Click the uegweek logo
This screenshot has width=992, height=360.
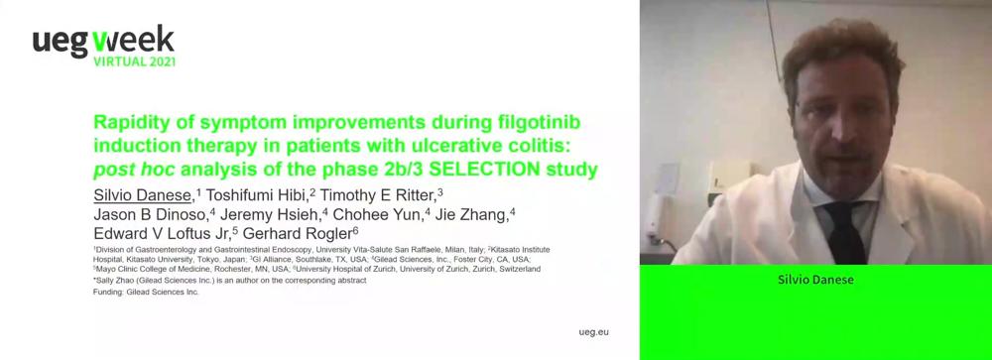coord(104,46)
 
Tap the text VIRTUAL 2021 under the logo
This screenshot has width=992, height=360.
coord(134,62)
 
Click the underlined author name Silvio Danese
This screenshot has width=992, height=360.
coord(142,194)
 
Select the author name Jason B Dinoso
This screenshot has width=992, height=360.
coord(151,213)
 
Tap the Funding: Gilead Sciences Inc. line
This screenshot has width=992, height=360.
coord(146,293)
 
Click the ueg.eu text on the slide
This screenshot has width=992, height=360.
coord(594,332)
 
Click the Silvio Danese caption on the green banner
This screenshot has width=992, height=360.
coord(815,279)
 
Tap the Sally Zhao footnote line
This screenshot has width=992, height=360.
coord(230,281)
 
